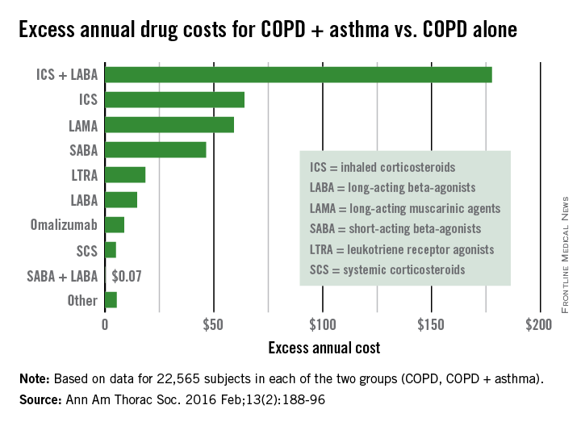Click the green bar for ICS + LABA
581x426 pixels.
point(298,75)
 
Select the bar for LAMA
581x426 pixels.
point(169,125)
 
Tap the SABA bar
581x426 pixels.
point(156,150)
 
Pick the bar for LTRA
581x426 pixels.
point(125,175)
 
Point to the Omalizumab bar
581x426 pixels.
point(115,225)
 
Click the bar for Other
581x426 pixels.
point(111,300)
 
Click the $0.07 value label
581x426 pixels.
point(127,276)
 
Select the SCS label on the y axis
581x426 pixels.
point(86,251)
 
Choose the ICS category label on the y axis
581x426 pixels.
point(87,100)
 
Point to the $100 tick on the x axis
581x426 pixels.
point(322,325)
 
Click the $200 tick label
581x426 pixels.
point(538,325)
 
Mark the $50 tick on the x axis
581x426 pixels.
point(214,325)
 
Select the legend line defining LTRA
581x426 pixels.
point(402,249)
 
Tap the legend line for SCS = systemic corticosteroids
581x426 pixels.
point(387,269)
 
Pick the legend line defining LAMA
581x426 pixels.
point(405,208)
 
